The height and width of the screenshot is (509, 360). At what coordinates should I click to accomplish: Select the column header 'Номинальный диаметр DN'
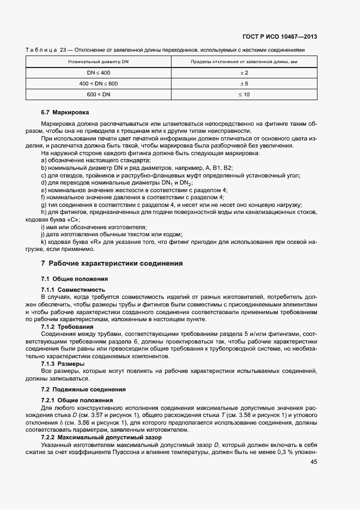pos(99,63)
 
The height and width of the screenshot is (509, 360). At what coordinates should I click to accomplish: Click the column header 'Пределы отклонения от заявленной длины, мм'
pos(244,63)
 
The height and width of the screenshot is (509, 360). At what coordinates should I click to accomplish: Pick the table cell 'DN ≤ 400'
pos(99,73)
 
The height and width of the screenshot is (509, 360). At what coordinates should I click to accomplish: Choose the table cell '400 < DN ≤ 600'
pos(99,84)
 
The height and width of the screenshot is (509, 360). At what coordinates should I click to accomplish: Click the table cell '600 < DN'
pos(99,95)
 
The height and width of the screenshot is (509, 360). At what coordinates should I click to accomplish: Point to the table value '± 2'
pos(244,73)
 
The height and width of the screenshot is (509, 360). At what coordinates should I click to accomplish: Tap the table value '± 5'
pos(244,84)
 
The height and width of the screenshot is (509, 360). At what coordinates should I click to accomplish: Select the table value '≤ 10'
pos(244,95)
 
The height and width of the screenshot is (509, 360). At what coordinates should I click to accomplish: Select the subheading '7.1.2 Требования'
pos(67,327)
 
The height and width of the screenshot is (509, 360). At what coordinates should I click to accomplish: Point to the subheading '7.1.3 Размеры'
pos(63,364)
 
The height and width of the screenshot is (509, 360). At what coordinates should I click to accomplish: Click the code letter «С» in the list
pos(66,219)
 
